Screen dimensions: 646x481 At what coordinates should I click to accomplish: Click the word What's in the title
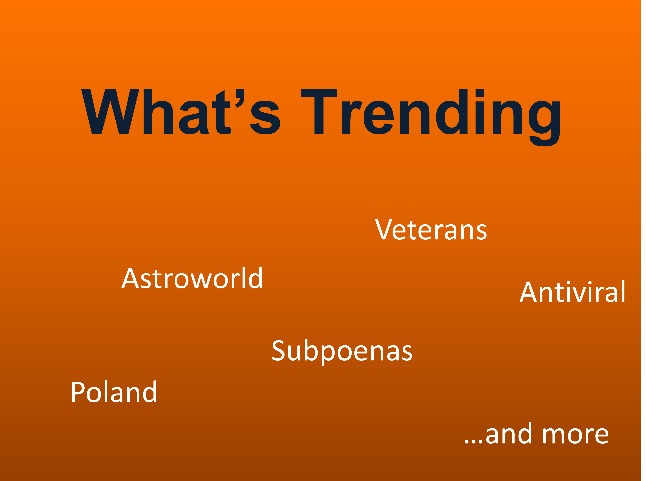[x=180, y=112]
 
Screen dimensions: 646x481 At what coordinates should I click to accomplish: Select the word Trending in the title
[x=431, y=118]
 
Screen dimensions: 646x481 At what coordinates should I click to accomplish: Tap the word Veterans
[x=431, y=229]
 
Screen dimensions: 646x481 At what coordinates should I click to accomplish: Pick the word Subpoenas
[x=342, y=352]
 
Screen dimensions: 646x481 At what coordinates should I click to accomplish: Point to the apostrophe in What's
[x=240, y=98]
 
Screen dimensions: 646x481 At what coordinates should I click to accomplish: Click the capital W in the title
[x=110, y=111]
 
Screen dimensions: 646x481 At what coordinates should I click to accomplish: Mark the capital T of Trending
[x=319, y=111]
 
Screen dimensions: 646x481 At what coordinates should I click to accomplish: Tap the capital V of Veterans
[x=384, y=229]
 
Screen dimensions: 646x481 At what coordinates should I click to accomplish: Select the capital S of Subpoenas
[x=278, y=350]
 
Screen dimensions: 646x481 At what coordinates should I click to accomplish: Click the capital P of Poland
[x=78, y=392]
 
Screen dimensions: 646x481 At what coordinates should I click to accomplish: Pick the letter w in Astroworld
[x=201, y=281]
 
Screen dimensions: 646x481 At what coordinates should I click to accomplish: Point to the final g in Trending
[x=544, y=124]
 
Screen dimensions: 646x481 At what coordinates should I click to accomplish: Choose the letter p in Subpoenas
[x=328, y=355]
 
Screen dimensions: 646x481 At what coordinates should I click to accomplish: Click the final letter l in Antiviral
[x=623, y=291]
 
